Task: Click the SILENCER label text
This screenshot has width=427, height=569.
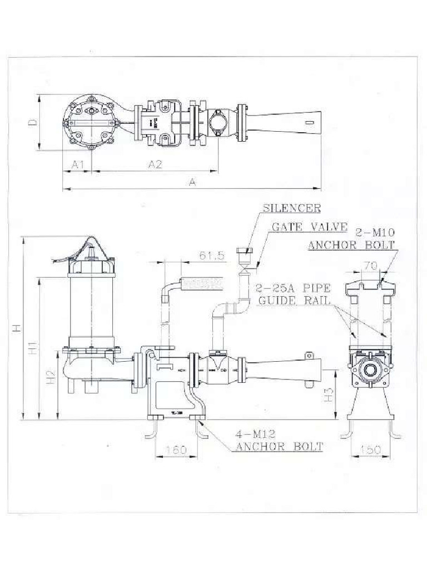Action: tap(291, 208)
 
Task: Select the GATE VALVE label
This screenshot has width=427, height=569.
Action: tap(309, 227)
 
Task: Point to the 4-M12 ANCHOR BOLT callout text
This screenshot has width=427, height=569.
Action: tap(280, 440)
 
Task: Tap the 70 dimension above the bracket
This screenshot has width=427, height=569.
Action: tap(370, 266)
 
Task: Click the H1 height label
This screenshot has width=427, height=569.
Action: tap(34, 348)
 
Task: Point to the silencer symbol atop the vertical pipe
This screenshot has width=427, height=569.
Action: tap(244, 255)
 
